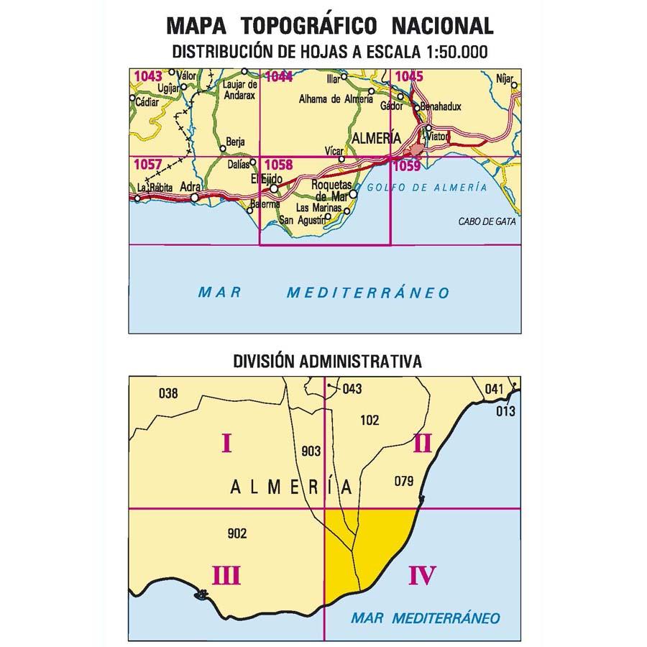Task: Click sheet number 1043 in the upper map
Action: coord(148,75)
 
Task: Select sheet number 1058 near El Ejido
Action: coord(277,165)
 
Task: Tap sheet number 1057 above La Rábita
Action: coord(147,165)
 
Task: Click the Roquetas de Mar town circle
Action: coord(353,193)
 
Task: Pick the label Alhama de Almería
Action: coord(336,100)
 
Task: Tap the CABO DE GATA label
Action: coord(487,221)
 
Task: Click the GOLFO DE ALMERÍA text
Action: coord(426,188)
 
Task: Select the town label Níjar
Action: coord(506,75)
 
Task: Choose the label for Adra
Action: coord(191,186)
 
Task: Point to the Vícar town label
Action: coord(334,152)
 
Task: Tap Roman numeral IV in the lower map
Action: coord(422,575)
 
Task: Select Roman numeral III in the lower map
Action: coord(226,575)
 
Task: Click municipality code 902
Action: coord(237,533)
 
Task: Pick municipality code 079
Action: coord(405,481)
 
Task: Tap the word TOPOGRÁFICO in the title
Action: coord(309,26)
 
